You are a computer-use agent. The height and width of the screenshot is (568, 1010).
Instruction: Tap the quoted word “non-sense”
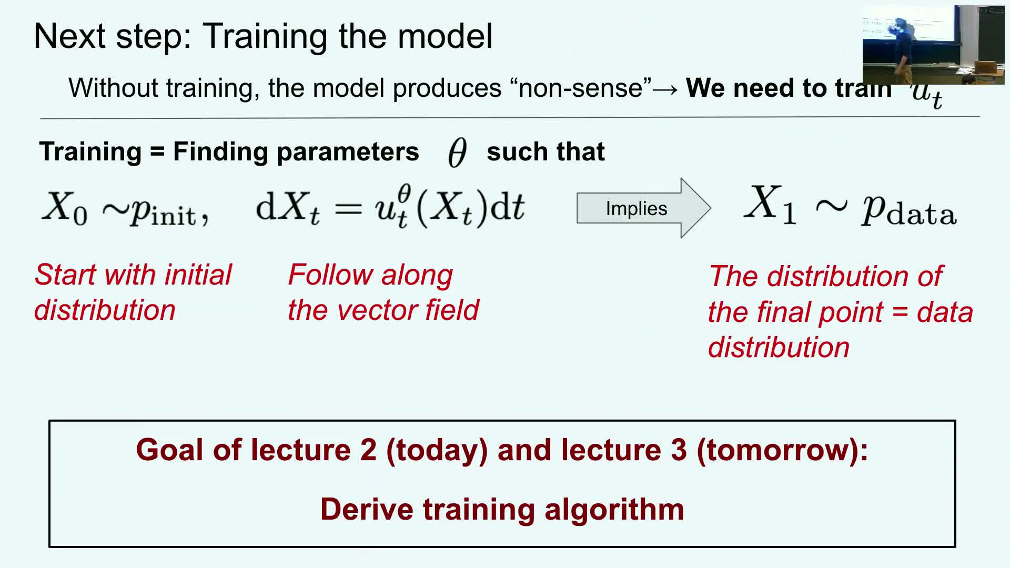coord(581,88)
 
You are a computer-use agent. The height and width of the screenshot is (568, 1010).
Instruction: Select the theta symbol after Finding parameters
coord(457,153)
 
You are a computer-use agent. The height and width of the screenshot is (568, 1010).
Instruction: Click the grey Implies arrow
coord(644,208)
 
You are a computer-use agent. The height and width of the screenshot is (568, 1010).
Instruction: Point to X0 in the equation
coord(65,207)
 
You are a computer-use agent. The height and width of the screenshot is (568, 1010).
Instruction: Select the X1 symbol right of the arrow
coord(770,205)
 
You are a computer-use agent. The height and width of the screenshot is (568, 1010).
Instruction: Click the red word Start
coord(66,275)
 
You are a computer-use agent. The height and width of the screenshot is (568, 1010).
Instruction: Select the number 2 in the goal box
coord(368,450)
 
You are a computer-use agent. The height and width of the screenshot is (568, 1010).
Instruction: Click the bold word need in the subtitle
coord(760,88)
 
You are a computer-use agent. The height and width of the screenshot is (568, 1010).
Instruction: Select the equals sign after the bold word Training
coord(157,152)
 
